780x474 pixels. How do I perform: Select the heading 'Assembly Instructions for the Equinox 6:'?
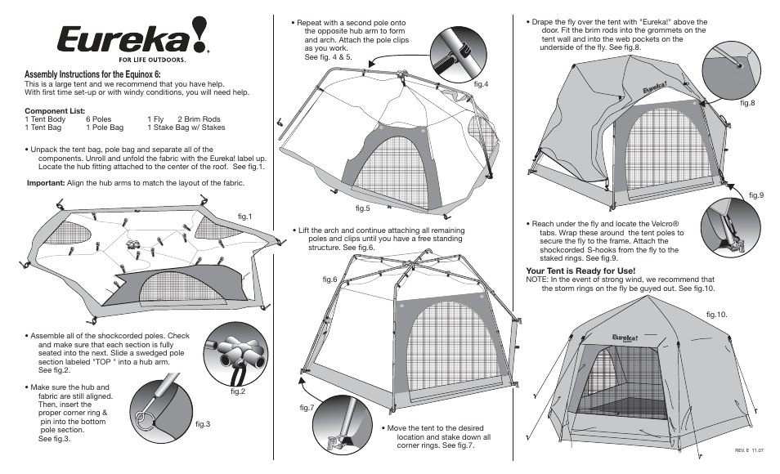(92, 74)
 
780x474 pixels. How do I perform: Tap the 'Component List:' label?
(55, 110)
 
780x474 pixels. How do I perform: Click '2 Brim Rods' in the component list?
(199, 119)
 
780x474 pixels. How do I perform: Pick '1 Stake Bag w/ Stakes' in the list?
(186, 128)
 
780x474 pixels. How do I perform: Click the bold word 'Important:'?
(46, 183)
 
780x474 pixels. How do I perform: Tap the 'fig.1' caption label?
(244, 216)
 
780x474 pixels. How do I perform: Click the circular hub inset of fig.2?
(236, 353)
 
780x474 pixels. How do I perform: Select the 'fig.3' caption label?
(203, 423)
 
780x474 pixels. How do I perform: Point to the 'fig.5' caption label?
(363, 208)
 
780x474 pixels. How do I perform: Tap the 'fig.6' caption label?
(329, 279)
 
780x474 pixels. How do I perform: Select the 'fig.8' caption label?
(747, 103)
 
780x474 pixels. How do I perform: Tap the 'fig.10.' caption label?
(717, 314)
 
